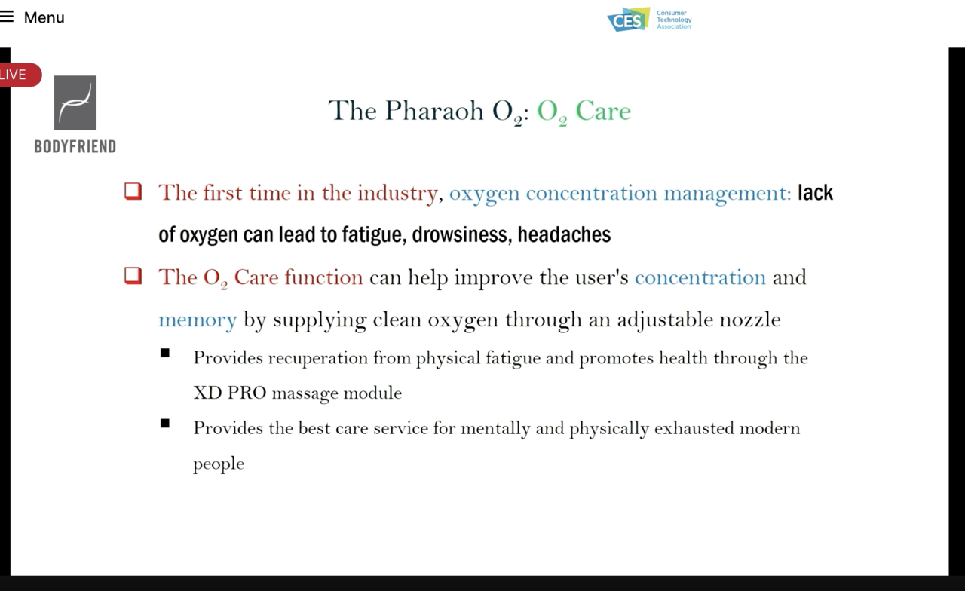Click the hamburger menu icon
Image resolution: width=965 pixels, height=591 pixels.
7,17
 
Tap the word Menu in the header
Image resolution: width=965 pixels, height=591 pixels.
44,17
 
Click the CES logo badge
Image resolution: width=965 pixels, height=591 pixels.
629,20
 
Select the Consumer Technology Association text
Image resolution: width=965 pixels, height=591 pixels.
674,20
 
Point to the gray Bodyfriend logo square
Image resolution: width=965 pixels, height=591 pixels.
75,103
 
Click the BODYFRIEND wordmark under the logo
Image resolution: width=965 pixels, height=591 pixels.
75,147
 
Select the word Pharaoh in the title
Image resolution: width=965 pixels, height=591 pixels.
434,111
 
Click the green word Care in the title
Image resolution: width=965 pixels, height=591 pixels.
603,111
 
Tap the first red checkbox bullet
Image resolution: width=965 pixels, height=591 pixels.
133,191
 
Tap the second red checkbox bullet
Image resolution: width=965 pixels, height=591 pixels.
133,276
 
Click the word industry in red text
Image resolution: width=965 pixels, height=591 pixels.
397,194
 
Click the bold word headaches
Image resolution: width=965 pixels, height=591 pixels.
564,234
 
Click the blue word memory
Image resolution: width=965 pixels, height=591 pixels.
198,320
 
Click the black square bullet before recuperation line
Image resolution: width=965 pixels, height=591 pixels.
165,354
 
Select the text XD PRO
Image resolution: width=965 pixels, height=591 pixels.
230,393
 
